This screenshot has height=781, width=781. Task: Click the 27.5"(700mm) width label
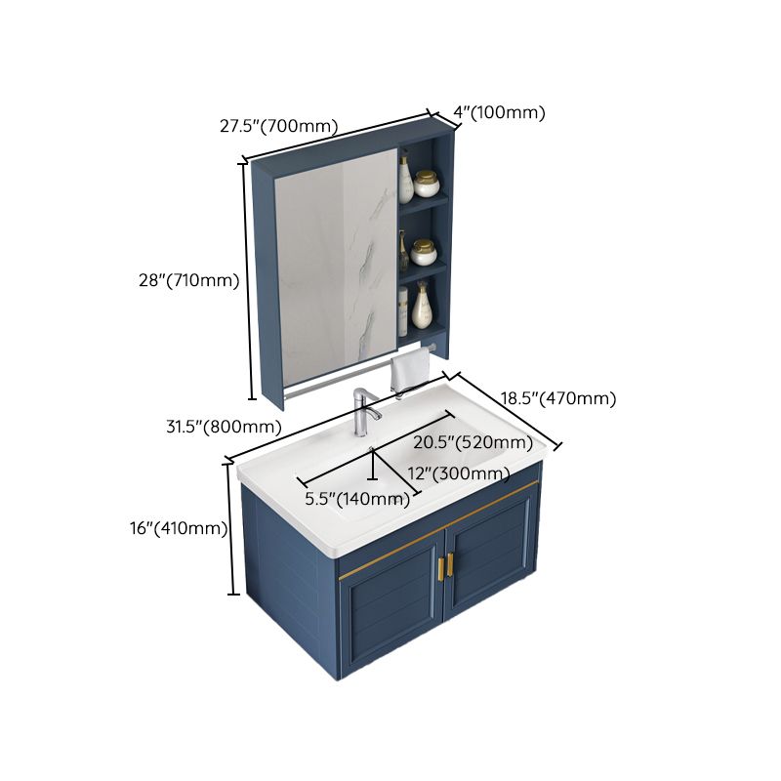[x=278, y=126]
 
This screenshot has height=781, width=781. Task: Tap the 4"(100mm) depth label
[x=499, y=112]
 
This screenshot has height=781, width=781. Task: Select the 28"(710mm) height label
[x=188, y=280]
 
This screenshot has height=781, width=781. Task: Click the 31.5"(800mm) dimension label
[x=224, y=427]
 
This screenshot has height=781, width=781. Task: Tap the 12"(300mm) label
[x=458, y=473]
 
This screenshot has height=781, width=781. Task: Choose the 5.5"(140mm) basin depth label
[x=356, y=499]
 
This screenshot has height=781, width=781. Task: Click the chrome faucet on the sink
[x=363, y=412]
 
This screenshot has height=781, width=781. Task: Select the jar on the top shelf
[x=427, y=183]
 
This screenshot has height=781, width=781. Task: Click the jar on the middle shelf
[x=424, y=253]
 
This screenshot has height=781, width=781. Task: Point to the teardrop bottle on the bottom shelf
[x=422, y=307]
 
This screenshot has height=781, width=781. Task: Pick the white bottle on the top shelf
[x=405, y=179]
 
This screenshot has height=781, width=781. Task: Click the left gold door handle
[x=440, y=568]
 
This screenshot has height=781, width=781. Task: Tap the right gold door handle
[x=453, y=565]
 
